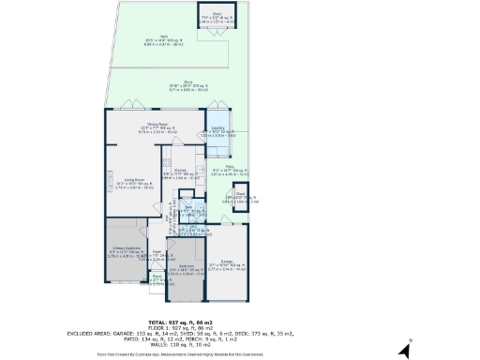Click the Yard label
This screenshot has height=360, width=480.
(150, 40)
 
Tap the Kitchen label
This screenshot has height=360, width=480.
(177, 173)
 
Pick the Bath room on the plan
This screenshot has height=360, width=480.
(187, 210)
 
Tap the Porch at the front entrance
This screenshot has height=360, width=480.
(157, 278)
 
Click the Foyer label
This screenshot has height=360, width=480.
(157, 255)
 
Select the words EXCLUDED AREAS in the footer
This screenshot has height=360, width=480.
(90, 332)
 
